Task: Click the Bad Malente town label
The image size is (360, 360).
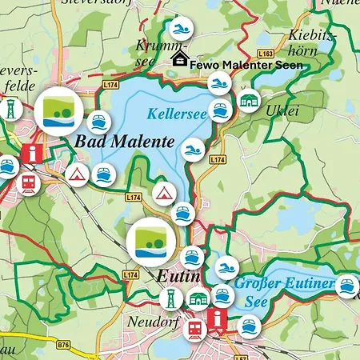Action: click(x=124, y=142)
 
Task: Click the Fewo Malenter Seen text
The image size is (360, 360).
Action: click(x=246, y=63)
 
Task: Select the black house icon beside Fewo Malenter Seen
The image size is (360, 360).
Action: click(x=180, y=59)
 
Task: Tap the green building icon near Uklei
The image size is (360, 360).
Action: click(x=248, y=101)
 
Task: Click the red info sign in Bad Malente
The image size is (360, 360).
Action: click(x=33, y=153)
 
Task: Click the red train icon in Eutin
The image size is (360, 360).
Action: click(x=194, y=328)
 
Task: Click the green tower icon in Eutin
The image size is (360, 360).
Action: click(x=170, y=301)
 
